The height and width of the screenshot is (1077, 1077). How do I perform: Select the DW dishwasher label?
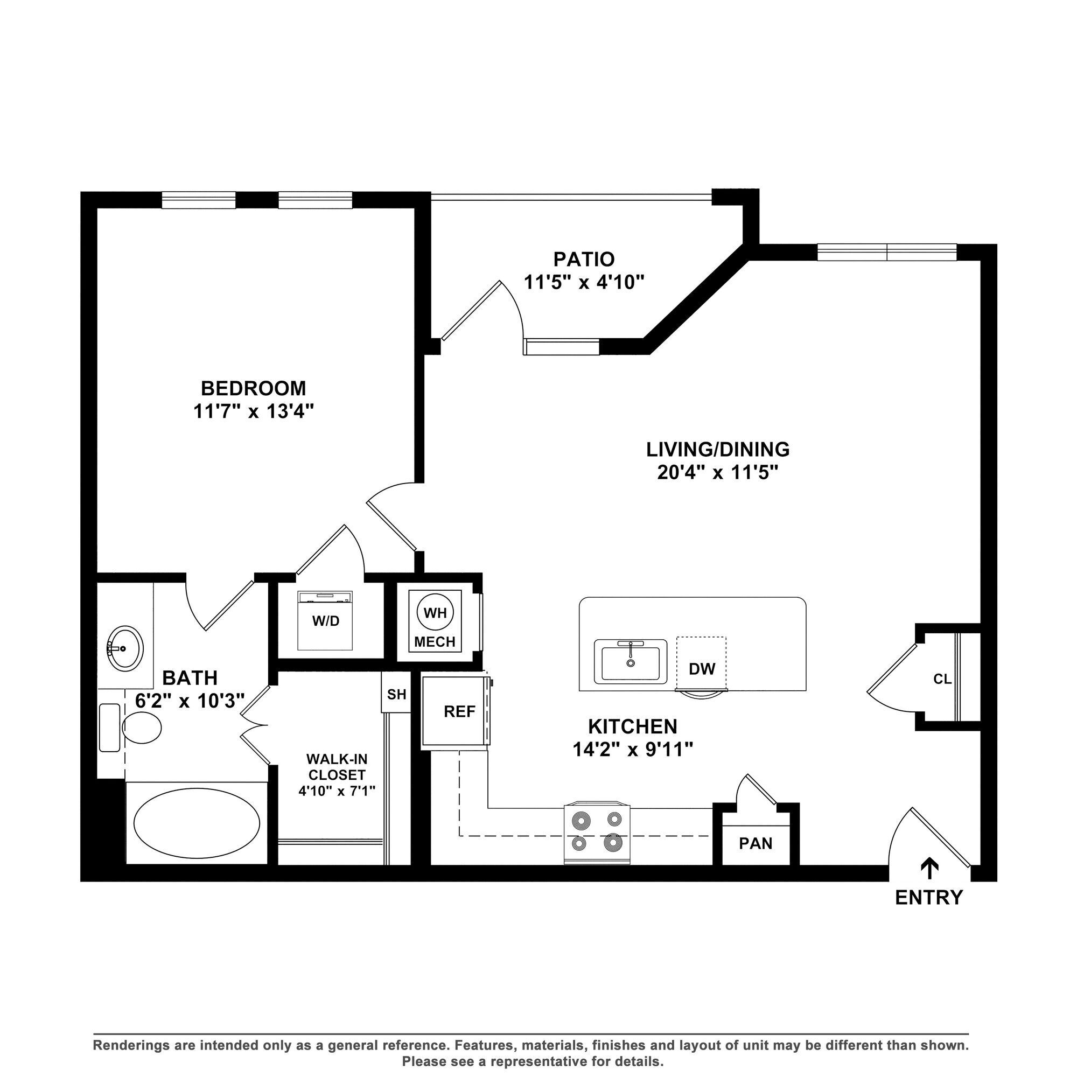702,669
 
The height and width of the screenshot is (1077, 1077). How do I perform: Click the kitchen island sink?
631,662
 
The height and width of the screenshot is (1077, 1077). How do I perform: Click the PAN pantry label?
756,843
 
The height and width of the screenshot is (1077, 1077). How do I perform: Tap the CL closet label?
942,679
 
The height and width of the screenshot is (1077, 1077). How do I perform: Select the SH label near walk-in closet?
396,695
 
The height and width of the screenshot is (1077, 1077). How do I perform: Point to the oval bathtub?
196,823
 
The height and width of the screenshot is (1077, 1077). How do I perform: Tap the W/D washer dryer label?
326,621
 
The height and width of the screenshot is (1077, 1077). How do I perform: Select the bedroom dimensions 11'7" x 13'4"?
254,412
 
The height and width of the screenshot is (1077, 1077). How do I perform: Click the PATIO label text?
584,259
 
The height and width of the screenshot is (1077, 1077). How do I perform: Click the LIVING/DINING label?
717,449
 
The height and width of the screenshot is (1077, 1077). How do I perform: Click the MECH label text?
435,642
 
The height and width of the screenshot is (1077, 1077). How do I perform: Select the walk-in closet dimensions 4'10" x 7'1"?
337,791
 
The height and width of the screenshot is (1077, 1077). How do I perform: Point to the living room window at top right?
886,253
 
